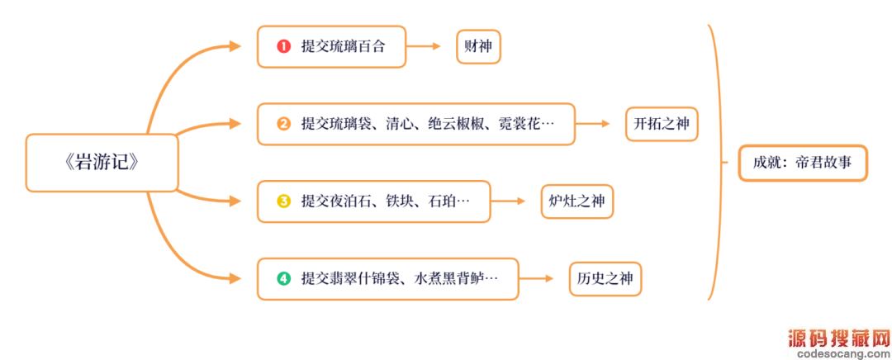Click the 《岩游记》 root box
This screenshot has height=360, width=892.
tap(101, 163)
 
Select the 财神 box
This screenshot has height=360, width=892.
tap(478, 46)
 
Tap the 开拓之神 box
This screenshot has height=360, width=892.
tap(662, 124)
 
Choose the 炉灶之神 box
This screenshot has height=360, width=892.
tap(576, 201)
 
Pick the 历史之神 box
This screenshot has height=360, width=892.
tap(605, 278)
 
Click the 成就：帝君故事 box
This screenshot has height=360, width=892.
tap(802, 163)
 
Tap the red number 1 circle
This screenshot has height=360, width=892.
tap(283, 47)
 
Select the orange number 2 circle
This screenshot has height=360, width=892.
tap(283, 125)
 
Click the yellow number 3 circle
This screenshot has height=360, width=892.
tap(283, 201)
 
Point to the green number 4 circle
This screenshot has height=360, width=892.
tap(283, 278)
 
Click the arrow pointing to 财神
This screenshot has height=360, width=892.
tap(425, 47)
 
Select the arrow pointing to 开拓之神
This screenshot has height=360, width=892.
tap(592, 125)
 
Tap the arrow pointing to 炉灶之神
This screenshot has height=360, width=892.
tap(509, 201)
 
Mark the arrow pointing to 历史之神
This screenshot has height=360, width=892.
tap(537, 278)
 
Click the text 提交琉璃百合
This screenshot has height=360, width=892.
tap(343, 47)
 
